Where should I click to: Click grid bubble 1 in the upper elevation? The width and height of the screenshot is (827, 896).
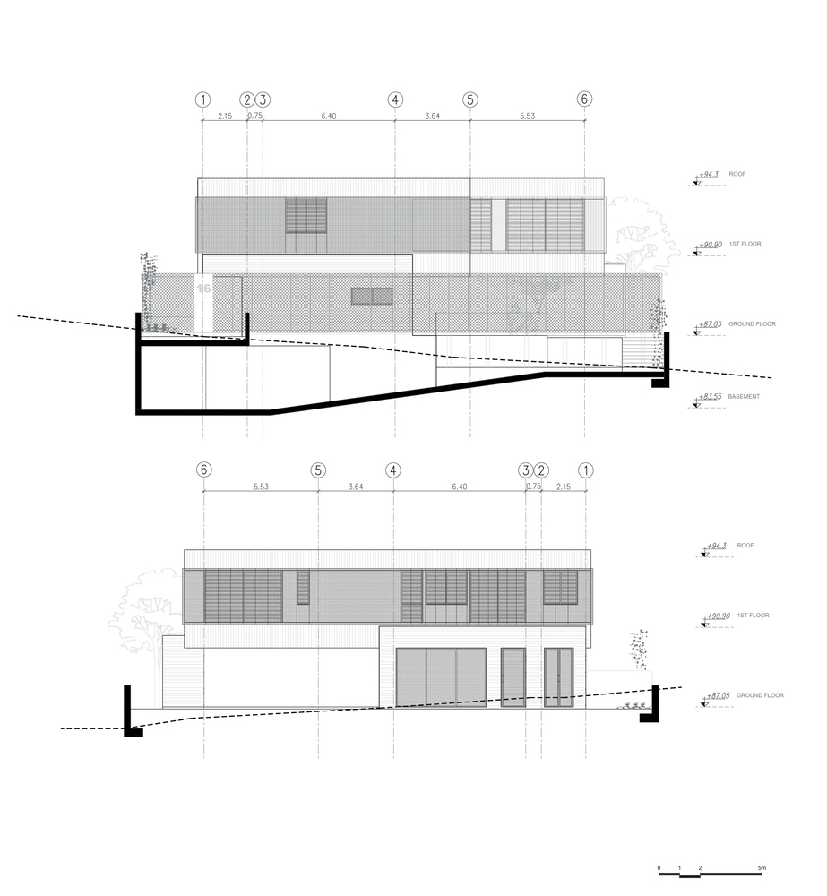(202, 100)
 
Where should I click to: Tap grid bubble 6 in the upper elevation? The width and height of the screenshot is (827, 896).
(584, 99)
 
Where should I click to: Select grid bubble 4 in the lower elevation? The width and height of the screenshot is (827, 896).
(393, 470)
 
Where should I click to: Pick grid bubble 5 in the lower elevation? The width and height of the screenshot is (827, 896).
(318, 470)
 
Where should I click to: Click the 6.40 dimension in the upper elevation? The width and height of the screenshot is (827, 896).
(329, 116)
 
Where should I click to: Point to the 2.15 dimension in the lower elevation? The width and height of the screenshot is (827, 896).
(563, 487)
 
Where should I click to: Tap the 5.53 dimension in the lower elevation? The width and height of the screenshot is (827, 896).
(262, 487)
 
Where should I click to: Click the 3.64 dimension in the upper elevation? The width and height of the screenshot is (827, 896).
(433, 116)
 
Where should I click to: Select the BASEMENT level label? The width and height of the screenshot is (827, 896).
(744, 397)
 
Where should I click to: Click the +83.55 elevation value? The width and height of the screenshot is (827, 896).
(710, 396)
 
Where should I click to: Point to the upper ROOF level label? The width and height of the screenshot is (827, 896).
(737, 174)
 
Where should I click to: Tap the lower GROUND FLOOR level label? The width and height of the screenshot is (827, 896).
(760, 695)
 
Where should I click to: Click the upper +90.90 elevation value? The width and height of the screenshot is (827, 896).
(711, 245)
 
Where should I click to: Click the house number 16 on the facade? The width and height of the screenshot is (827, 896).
(204, 289)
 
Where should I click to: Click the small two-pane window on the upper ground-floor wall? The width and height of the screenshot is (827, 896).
(372, 296)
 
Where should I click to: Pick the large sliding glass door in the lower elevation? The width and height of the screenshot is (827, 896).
(441, 677)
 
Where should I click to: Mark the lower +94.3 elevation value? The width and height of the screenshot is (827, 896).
(717, 546)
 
